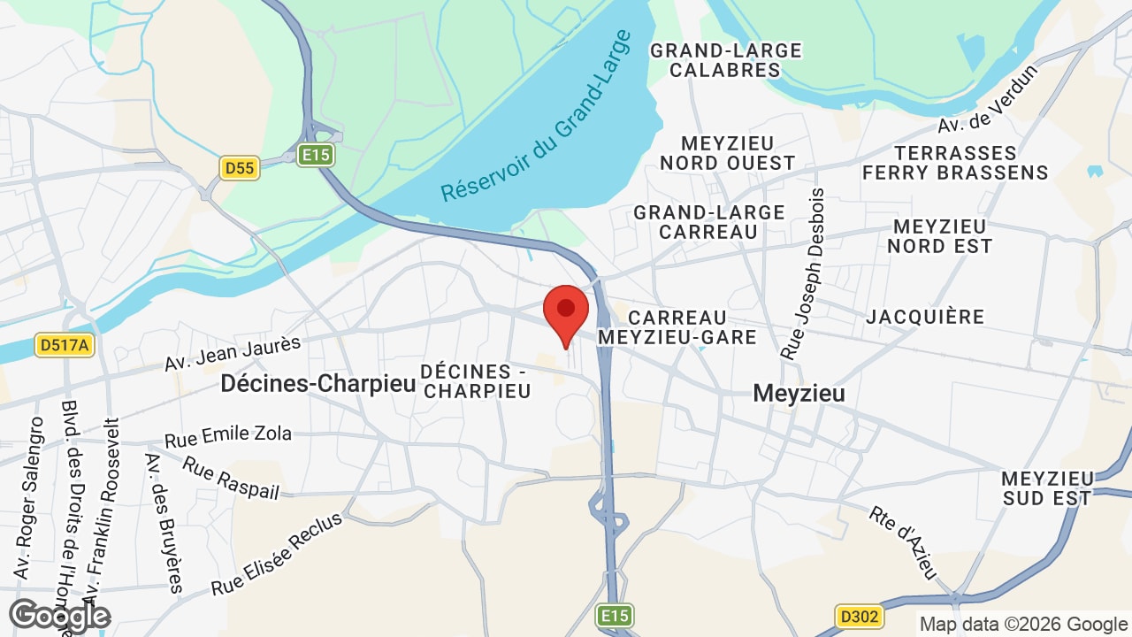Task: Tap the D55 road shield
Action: [x=240, y=167]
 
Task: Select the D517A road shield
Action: [x=65, y=344]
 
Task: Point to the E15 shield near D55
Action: [x=315, y=156]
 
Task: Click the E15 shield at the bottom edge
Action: [x=614, y=616]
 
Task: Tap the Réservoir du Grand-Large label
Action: [x=537, y=116]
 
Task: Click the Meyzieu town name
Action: [x=799, y=393]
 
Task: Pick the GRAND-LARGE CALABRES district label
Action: [x=725, y=60]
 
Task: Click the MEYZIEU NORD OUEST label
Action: [x=728, y=153]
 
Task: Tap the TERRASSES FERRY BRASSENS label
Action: [x=955, y=163]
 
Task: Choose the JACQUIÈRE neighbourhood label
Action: [x=925, y=317]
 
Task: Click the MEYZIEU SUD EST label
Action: [x=1047, y=488]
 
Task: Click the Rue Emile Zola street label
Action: [x=228, y=436]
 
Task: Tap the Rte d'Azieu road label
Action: [x=903, y=542]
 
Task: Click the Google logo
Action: [x=59, y=616]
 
